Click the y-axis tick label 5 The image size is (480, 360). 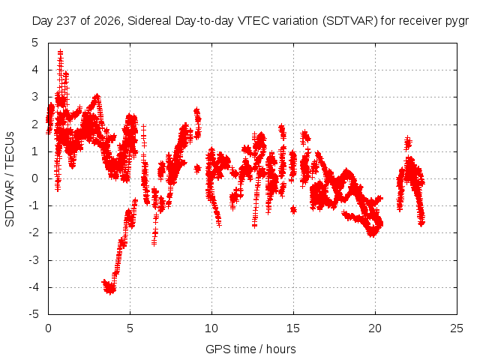coord(35,43)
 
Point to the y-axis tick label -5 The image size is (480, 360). coord(34,314)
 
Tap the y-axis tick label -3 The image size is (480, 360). coord(34,260)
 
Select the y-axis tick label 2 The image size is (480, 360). coord(35,124)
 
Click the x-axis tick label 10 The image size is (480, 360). coord(211,328)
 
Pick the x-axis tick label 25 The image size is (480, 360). coord(457,328)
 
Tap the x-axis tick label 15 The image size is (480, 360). coord(293,328)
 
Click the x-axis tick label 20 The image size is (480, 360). coord(375,328)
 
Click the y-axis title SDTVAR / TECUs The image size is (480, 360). coord(10,179)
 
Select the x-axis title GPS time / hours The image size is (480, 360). coord(250,349)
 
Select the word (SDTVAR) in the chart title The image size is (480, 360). coord(350,21)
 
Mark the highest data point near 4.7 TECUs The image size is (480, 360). coord(60,52)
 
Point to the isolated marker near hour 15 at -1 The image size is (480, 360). coord(293,210)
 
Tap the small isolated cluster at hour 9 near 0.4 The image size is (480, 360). coord(197,168)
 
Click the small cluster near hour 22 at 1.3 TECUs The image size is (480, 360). coord(408,143)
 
